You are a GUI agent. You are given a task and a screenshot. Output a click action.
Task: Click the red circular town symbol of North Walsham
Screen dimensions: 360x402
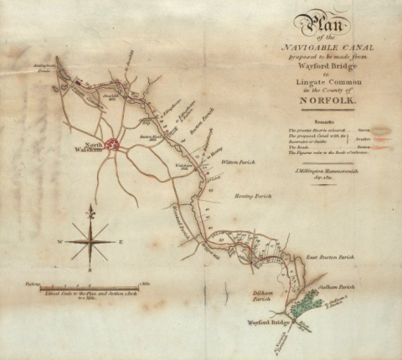click(x=113, y=147)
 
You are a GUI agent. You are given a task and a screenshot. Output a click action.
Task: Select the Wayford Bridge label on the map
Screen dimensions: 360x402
click(x=268, y=321)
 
